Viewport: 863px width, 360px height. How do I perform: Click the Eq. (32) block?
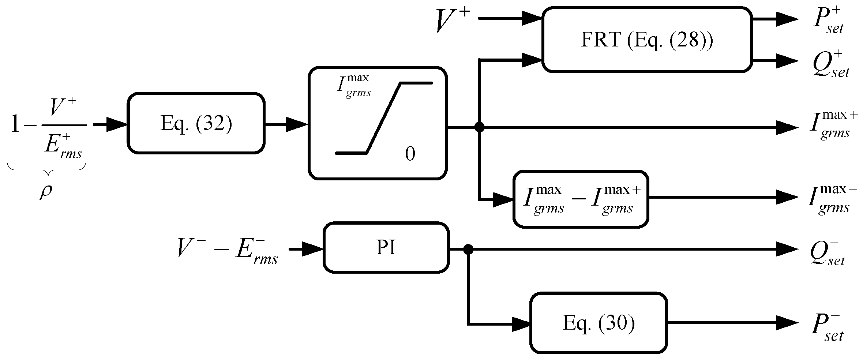196,123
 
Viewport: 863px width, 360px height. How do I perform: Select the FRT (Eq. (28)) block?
647,40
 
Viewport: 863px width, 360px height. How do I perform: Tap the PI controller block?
386,248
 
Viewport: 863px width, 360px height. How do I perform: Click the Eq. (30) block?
599,323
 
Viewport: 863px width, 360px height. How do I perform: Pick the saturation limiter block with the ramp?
378,123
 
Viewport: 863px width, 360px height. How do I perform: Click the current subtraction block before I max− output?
581,199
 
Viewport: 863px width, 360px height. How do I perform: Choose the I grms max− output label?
833,199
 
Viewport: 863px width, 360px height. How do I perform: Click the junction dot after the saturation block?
479,127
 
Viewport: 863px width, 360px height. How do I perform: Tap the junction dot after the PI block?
468,250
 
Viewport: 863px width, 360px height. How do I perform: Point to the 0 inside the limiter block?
410,154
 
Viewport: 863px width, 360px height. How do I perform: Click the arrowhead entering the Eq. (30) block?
522,323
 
